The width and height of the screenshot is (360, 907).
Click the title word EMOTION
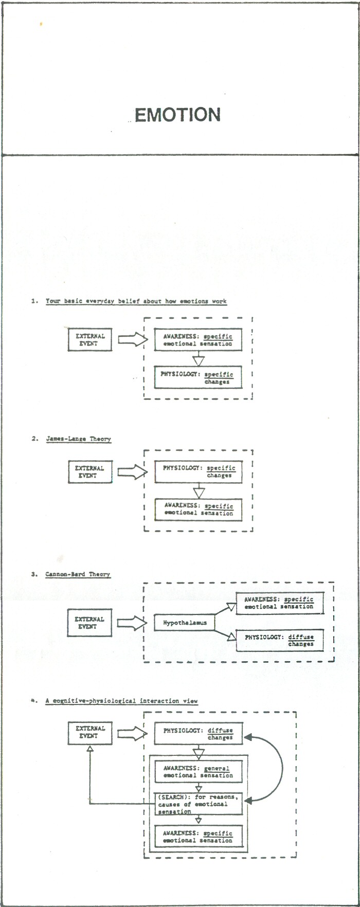177,115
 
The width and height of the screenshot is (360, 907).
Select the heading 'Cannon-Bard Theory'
78,574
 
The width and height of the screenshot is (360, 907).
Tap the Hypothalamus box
185,623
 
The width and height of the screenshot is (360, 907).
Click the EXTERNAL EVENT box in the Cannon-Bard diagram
89,623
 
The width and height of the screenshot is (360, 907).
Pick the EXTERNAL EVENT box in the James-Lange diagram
90,472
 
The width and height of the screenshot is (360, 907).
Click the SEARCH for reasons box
199,804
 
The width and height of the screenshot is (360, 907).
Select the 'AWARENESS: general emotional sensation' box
199,772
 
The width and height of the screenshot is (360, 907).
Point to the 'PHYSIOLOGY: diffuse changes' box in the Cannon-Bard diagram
280,640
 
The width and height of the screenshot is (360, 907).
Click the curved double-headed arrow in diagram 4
282,769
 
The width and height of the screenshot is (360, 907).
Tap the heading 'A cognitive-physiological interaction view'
121,700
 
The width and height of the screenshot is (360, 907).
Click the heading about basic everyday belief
136,301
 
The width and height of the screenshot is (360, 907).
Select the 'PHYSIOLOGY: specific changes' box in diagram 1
198,377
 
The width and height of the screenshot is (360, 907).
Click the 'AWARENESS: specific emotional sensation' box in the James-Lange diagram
199,510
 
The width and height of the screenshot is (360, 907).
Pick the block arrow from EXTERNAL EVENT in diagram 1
133,339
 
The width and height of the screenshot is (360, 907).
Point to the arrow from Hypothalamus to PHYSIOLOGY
225,633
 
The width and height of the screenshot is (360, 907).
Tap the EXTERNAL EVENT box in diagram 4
89,732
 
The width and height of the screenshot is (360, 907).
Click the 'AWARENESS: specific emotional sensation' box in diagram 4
199,837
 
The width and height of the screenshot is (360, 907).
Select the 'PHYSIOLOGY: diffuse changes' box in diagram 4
199,734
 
